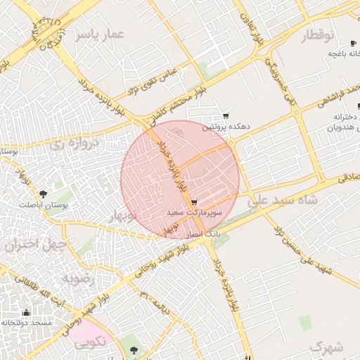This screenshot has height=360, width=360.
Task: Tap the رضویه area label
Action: pyautogui.click(x=77, y=279)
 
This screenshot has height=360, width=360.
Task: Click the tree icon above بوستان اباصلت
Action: pyautogui.click(x=44, y=193)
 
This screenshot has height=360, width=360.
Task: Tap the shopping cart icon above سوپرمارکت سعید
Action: pyautogui.click(x=193, y=202)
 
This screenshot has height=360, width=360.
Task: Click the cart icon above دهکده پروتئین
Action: pyautogui.click(x=225, y=116)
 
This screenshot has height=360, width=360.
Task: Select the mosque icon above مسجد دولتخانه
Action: pyautogui.click(x=27, y=312)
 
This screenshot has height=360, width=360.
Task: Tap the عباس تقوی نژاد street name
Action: pyautogui.click(x=157, y=79)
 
